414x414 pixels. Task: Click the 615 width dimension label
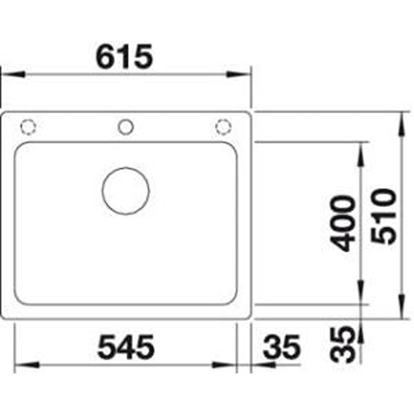pyautogui.click(x=124, y=56)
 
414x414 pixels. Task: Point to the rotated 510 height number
pyautogui.click(x=384, y=216)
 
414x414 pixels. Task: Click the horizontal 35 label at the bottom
pyautogui.click(x=282, y=347)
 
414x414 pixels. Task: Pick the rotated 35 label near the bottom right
pyautogui.click(x=342, y=345)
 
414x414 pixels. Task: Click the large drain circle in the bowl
pyautogui.click(x=126, y=190)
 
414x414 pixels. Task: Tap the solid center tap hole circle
pyautogui.click(x=126, y=127)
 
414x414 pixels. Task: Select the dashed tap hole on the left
pyautogui.click(x=28, y=127)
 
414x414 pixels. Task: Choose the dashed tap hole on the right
pyautogui.click(x=224, y=127)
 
